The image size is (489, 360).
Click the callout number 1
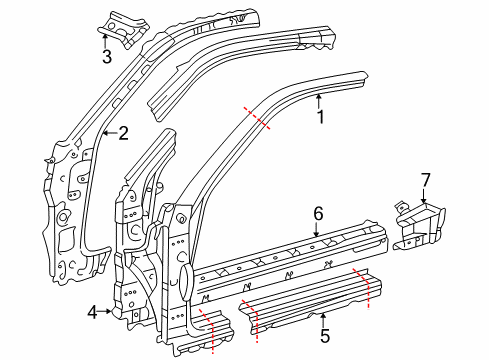320,117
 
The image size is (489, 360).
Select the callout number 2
123,133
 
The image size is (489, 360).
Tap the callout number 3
107,57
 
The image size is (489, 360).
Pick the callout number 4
93,313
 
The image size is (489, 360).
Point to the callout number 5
325,335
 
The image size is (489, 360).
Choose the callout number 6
318,214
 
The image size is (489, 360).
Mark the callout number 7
426,180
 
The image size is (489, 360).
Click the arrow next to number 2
109,133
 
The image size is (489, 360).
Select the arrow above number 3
105,41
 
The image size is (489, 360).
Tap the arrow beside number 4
105,311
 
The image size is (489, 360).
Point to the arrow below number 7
423,196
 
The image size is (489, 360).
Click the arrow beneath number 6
316,229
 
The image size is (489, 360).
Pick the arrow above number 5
322,320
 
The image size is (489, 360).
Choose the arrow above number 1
319,102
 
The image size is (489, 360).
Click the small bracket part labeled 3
124,29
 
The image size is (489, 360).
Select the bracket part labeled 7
419,227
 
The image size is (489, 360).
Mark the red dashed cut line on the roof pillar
257,118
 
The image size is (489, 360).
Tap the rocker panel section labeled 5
310,301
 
